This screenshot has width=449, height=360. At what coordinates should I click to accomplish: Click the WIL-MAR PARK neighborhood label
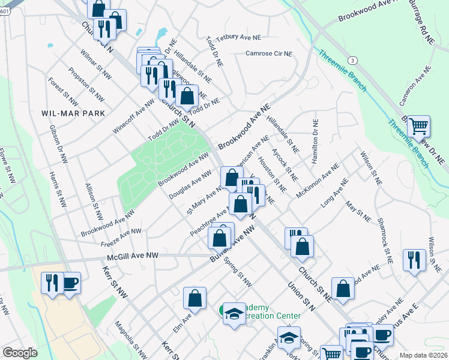click(x=73, y=113)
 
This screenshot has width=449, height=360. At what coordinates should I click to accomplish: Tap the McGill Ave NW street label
click(x=133, y=256)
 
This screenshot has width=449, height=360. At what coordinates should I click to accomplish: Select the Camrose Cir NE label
click(x=269, y=53)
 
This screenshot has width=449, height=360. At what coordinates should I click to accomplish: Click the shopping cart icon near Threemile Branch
click(x=418, y=127)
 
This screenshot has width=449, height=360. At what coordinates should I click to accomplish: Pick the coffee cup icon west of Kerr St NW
click(x=70, y=283)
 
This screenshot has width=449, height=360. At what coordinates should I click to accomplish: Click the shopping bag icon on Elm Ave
click(x=195, y=298)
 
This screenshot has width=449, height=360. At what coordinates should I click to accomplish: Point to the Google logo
click(x=20, y=353)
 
